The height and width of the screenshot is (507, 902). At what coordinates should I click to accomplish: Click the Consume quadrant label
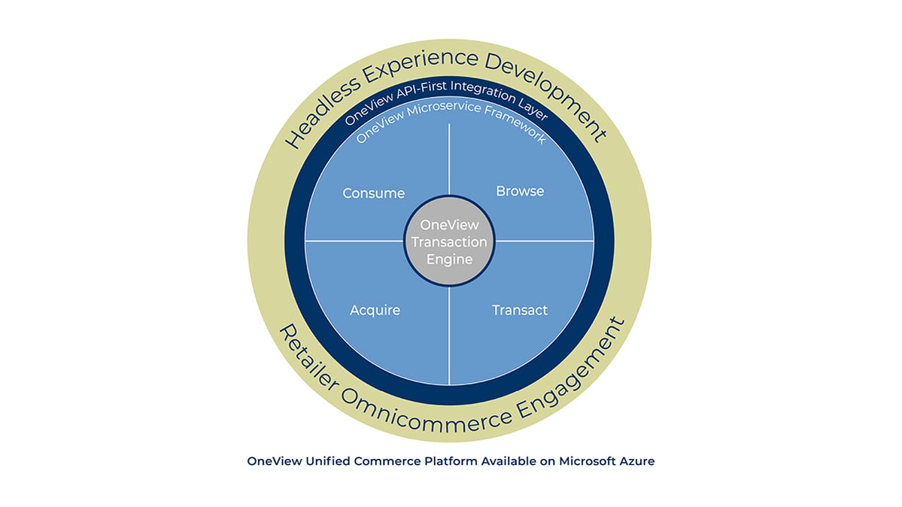click(x=374, y=193)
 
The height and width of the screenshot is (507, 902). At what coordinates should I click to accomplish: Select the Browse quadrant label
click(x=520, y=191)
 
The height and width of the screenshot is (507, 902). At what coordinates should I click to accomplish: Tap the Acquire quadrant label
click(x=375, y=310)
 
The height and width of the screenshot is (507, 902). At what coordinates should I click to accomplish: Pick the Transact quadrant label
click(x=520, y=310)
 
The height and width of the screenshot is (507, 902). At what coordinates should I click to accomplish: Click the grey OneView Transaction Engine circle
click(x=449, y=241)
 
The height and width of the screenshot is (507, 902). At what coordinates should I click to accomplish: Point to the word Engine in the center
click(x=449, y=260)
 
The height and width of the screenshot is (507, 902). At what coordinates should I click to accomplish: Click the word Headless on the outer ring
click(x=322, y=113)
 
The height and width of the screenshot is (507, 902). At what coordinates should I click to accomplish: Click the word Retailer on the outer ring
click(x=308, y=357)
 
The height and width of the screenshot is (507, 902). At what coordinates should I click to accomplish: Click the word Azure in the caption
click(x=637, y=461)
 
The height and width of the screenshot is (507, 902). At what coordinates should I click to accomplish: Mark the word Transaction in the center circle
click(x=449, y=242)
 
